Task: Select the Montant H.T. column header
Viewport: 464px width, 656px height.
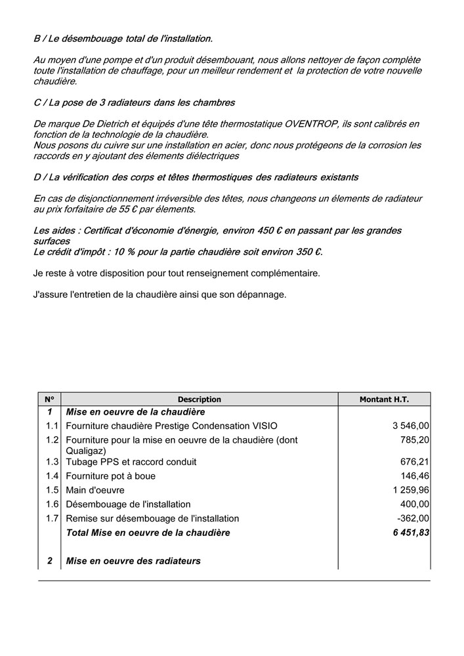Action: [x=384, y=400]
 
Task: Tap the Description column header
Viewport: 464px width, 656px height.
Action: [x=200, y=400]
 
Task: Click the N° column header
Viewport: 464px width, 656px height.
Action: [x=49, y=400]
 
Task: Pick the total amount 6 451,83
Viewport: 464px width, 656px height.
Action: [x=411, y=533]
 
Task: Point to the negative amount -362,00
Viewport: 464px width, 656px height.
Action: [x=413, y=518]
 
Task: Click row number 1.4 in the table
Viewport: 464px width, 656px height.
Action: [x=53, y=476]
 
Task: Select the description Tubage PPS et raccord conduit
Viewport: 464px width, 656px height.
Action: [x=131, y=462]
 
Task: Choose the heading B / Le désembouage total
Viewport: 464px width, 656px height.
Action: [x=123, y=39]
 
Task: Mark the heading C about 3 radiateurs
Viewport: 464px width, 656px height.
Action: [x=134, y=103]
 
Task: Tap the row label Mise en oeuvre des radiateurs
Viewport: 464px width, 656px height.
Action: [x=133, y=561]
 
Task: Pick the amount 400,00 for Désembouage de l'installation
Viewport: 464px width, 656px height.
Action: [x=415, y=504]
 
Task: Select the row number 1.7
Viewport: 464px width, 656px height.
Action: [x=53, y=518]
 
